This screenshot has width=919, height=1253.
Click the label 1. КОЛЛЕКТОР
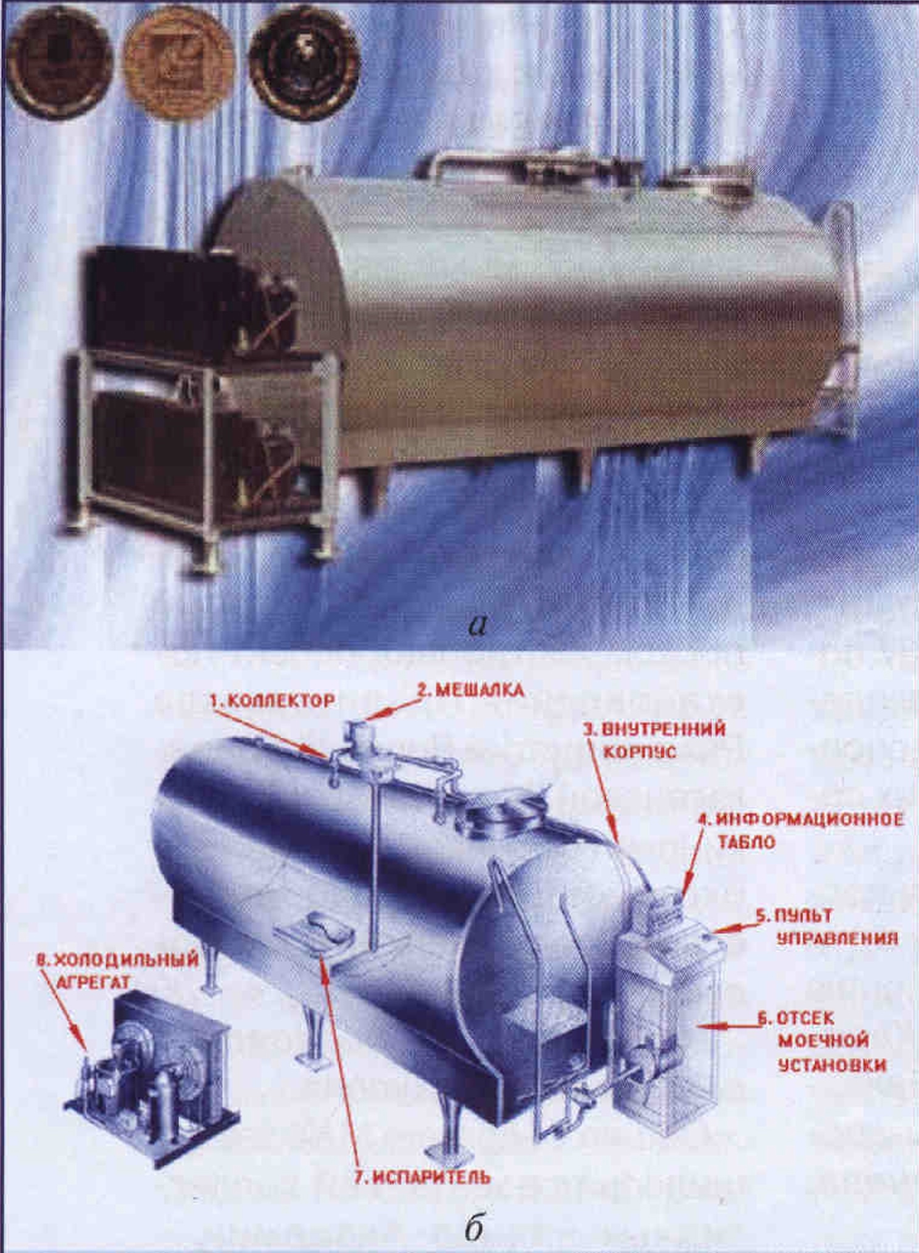click(271, 700)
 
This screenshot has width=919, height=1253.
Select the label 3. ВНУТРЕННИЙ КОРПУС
click(654, 740)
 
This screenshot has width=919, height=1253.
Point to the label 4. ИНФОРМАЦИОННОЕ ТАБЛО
click(800, 831)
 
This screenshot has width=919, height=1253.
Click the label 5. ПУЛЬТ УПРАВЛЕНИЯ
click(827, 927)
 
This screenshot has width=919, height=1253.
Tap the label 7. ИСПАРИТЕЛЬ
click(422, 1177)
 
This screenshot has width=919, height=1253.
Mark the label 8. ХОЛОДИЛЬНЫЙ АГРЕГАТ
click(118, 970)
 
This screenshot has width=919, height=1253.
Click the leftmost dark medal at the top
click(59, 62)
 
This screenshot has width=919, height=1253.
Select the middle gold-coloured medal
click(178, 64)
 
